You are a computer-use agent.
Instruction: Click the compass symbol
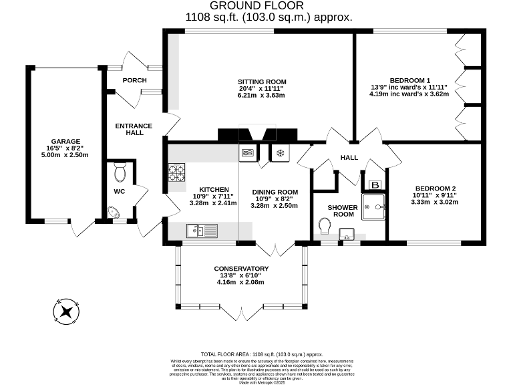click(67, 311)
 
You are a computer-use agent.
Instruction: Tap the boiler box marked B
click(375, 185)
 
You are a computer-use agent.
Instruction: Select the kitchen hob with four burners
click(176, 173)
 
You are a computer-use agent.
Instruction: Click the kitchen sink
click(202, 231)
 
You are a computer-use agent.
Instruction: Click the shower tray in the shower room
click(373, 207)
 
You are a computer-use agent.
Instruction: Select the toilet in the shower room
click(324, 229)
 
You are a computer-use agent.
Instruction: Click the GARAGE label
click(64, 141)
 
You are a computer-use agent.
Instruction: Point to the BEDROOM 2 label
click(435, 188)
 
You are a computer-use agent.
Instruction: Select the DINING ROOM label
click(275, 192)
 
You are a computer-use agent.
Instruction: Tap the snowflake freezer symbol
click(280, 152)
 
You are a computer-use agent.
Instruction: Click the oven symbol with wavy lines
click(247, 152)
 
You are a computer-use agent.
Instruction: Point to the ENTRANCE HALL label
click(134, 129)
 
